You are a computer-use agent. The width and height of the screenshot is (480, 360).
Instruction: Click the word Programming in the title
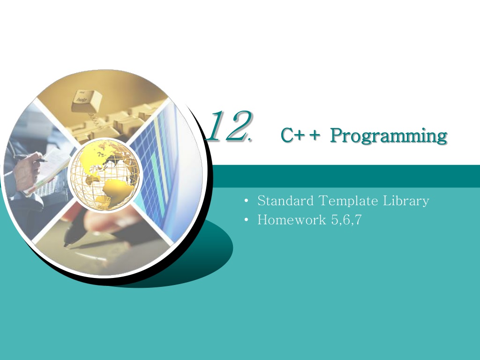click(389, 135)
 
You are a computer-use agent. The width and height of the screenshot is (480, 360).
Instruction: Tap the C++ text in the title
click(300, 135)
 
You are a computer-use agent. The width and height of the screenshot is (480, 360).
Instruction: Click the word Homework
click(292, 220)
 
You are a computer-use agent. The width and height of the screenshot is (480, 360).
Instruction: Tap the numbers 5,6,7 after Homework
click(346, 220)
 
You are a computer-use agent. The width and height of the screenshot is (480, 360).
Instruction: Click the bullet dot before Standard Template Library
click(247, 201)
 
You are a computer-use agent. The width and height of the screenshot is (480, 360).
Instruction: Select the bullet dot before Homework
click(247, 220)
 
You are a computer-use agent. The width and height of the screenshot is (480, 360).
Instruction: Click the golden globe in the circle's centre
click(105, 175)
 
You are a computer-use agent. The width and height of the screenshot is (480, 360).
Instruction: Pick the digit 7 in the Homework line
click(358, 220)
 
